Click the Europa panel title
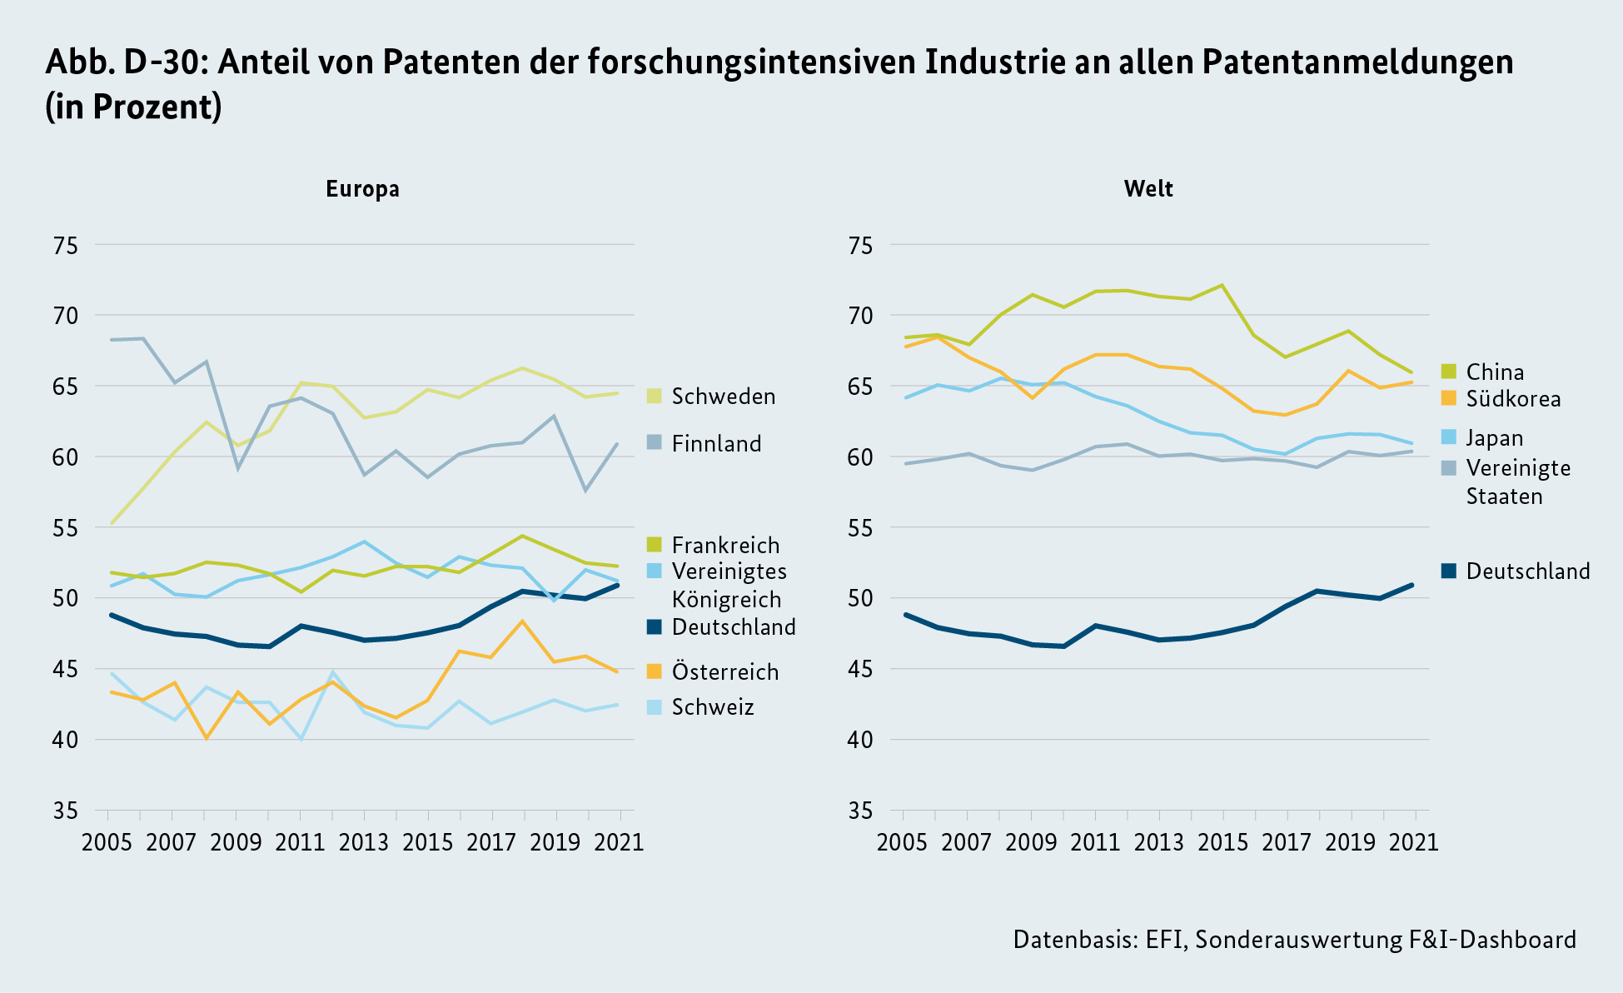click(x=362, y=189)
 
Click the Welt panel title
click(x=1148, y=189)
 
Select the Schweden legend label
click(x=723, y=397)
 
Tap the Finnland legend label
click(x=716, y=444)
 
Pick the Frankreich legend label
click(x=725, y=546)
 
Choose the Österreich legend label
click(x=724, y=672)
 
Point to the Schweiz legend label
click(x=713, y=707)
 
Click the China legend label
click(x=1495, y=372)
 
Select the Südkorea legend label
click(x=1513, y=399)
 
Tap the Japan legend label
click(x=1495, y=438)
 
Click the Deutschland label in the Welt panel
click(x=1528, y=571)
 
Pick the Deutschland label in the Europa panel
click(x=734, y=627)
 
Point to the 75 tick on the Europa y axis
click(x=65, y=246)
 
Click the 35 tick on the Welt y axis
click(x=860, y=811)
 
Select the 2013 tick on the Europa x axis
click(x=363, y=842)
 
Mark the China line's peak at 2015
click(x=1222, y=285)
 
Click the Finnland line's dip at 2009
click(x=237, y=469)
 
